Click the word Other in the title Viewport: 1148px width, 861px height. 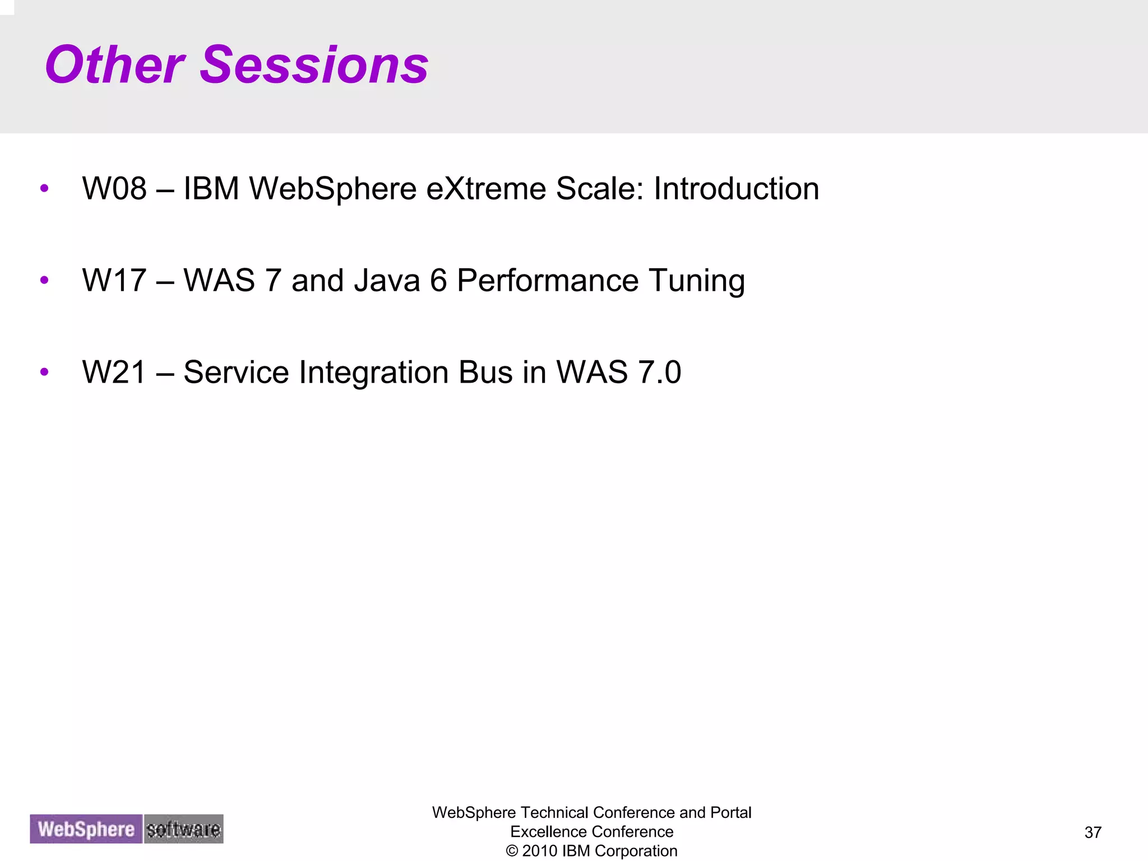[x=115, y=66]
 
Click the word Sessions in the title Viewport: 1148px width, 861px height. [x=314, y=66]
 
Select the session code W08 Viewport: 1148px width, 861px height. [x=114, y=189]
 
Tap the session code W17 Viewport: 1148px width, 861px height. [x=114, y=281]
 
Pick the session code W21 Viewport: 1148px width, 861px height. [x=114, y=373]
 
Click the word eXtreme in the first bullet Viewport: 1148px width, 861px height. [x=485, y=189]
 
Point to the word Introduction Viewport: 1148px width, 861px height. [x=736, y=189]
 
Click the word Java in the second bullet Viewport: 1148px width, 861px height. [x=387, y=281]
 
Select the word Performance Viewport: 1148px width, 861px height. [x=548, y=281]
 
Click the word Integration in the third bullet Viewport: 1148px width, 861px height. [x=373, y=373]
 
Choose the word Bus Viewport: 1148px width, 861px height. [x=485, y=373]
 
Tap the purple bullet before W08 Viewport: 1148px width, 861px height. [x=44, y=188]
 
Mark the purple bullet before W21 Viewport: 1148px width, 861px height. [x=44, y=372]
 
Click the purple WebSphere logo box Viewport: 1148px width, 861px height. [x=86, y=829]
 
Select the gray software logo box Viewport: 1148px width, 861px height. [x=183, y=829]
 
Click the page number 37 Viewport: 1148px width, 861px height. [x=1093, y=832]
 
